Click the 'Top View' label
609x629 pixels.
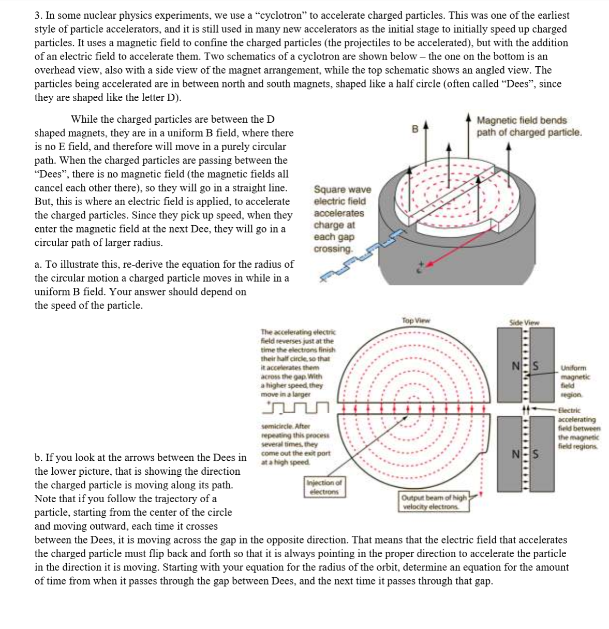[x=415, y=320]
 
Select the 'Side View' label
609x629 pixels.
[x=524, y=323]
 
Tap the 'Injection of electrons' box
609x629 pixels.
[x=324, y=487]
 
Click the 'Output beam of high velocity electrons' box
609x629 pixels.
[x=433, y=502]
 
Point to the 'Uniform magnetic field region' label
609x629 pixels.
[x=575, y=381]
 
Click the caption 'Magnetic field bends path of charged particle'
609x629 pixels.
[x=529, y=126]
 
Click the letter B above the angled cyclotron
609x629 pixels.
[x=414, y=128]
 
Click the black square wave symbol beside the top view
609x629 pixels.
[x=296, y=407]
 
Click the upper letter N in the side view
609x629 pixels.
[x=515, y=365]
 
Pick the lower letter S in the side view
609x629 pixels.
[x=536, y=455]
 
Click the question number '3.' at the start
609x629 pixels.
[x=39, y=16]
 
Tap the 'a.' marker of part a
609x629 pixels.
[x=39, y=265]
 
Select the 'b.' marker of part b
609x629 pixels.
[x=39, y=458]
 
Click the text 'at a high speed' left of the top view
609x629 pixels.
[x=285, y=462]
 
